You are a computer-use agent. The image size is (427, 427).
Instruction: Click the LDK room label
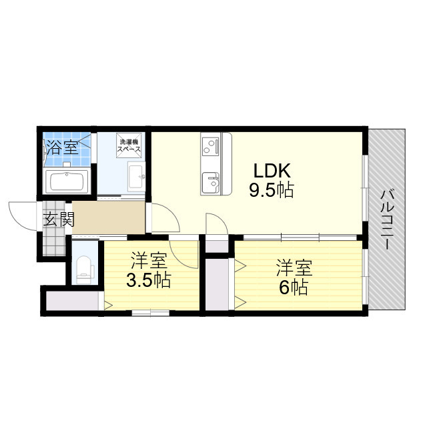pos(272,171)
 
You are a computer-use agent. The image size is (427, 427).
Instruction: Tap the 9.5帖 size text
pos(272,190)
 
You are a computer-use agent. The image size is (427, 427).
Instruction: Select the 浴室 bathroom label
pos(63,147)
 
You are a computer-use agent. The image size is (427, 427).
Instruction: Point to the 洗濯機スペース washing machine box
pos(129,145)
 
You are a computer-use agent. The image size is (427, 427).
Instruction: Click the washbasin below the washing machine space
pos(136,177)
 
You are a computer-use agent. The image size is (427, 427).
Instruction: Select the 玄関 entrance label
pos(59,220)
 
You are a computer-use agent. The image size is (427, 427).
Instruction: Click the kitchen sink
pos(210,182)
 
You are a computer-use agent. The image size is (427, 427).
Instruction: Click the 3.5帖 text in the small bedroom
pos(149,280)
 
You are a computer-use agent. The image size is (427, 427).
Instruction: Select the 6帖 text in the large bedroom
pos(294,288)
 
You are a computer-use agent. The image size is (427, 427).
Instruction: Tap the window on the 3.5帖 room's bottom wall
pos(151,313)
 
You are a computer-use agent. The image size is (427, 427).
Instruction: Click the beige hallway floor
pos(108,218)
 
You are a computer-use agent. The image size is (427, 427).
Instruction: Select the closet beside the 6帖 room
pos(217,284)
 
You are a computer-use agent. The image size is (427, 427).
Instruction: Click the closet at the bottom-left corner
pos(73,301)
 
